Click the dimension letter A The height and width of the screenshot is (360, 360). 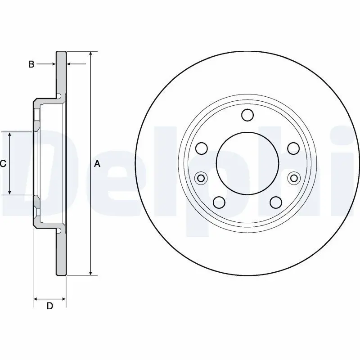[x=97, y=164]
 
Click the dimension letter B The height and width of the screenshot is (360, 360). [x=31, y=64]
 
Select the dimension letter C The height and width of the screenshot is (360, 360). [x=3, y=164]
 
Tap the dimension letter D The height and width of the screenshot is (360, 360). [x=50, y=306]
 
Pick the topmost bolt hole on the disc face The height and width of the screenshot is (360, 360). [x=247, y=115]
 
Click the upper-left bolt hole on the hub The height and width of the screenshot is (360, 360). [x=202, y=148]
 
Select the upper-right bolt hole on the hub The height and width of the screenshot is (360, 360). [x=294, y=148]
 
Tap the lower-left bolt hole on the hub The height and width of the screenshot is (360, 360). [x=219, y=202]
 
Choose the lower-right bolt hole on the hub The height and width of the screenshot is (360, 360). [x=276, y=202]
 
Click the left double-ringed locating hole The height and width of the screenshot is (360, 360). [x=201, y=178]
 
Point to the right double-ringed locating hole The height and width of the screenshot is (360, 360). [x=294, y=178]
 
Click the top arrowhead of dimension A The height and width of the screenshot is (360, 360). [x=91, y=54]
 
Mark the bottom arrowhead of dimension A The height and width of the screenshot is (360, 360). [x=91, y=273]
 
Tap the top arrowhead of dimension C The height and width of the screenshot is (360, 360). [x=9, y=135]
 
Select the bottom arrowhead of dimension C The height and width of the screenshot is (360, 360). [x=9, y=192]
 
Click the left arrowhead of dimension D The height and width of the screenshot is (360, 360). [x=36, y=299]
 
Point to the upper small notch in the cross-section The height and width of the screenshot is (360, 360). [x=59, y=96]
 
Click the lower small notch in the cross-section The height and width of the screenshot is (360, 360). [x=59, y=231]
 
